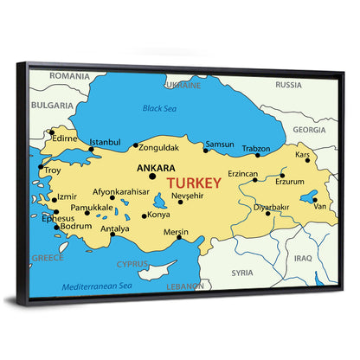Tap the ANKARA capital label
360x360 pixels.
[157, 168]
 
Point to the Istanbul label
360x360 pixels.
[106, 141]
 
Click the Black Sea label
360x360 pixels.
[158, 108]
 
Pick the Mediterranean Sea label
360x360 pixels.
[96, 286]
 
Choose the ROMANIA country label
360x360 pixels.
[69, 76]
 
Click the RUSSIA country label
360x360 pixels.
[288, 85]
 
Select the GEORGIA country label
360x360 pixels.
[309, 129]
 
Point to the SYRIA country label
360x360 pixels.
[242, 272]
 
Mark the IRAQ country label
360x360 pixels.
[302, 257]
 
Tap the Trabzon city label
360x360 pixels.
[255, 148]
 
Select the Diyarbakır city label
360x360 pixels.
[270, 207]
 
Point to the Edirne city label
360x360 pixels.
[65, 138]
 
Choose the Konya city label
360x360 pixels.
[158, 215]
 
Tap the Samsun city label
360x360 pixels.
[220, 144]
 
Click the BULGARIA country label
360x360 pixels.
[52, 105]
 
